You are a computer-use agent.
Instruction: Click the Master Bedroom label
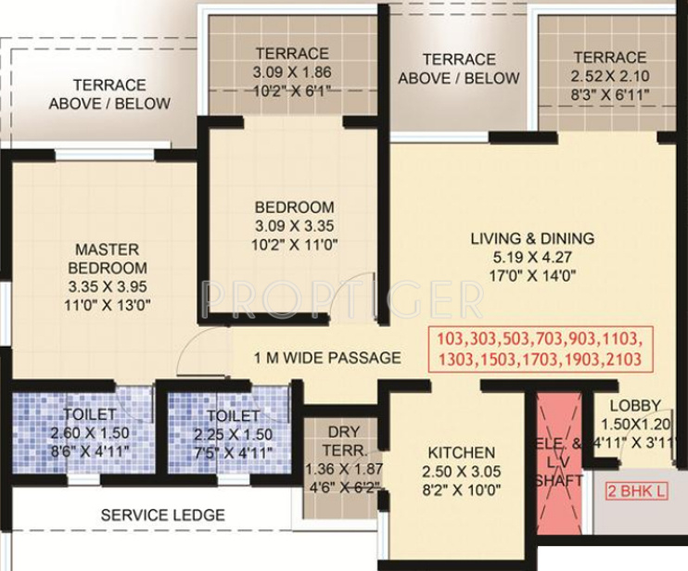pos(108,259)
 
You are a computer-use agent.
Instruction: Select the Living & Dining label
pos(532,238)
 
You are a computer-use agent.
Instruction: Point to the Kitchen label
pos(461,452)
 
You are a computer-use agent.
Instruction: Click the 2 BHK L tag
pos(636,492)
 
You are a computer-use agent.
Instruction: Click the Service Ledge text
pos(162,515)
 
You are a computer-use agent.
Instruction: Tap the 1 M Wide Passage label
pos(315,358)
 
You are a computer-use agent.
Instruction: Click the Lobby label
pos(635,405)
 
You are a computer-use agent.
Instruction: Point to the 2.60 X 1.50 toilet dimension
pos(90,433)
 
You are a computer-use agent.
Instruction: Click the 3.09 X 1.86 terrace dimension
pos(292,71)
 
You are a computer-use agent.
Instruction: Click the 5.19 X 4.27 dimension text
pos(532,257)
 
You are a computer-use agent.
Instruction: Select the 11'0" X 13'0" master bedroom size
pos(108,303)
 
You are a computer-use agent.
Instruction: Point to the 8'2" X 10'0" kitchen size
pos(461,489)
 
